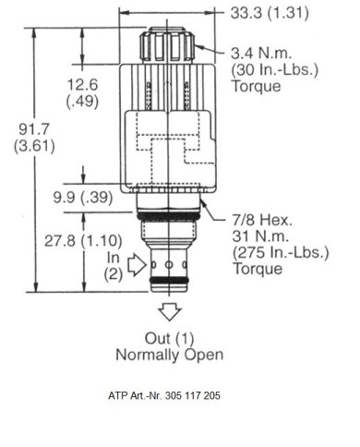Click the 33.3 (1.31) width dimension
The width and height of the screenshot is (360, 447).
coord(270,13)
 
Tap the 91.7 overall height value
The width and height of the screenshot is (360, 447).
coord(34,129)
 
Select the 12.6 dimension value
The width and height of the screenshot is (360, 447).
coord(82,85)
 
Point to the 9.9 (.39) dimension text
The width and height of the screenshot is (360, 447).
coord(83,198)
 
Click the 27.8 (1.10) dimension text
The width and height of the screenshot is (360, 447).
coord(83,240)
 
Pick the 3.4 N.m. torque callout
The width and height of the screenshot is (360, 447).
coord(261,54)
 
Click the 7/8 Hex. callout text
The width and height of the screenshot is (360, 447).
coord(262,220)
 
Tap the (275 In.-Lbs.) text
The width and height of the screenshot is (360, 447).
coord(281,253)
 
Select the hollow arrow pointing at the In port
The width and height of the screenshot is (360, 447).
coord(137,264)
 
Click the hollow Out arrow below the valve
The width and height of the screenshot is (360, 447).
coord(170,311)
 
